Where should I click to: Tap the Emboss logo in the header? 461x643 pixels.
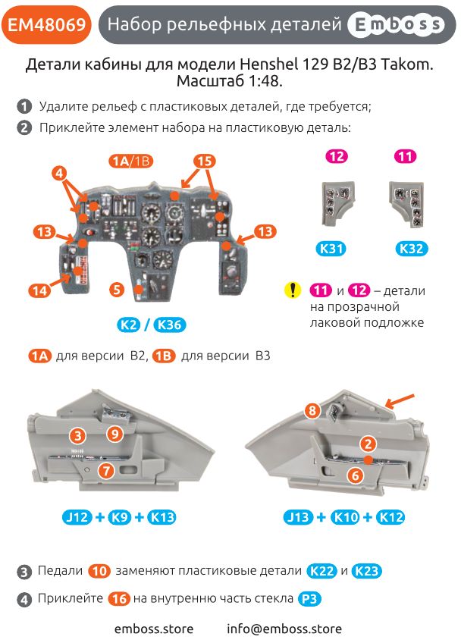point(395,25)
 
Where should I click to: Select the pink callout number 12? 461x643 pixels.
point(337,156)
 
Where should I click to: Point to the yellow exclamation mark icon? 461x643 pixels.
point(292,290)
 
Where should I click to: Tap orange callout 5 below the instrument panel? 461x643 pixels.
point(115,289)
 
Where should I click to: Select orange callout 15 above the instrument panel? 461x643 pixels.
point(204,161)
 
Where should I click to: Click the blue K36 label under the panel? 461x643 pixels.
point(169,325)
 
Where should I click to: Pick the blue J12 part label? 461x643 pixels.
point(77,518)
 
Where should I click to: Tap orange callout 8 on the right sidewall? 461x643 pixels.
point(312,410)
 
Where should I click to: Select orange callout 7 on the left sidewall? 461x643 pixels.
point(106,471)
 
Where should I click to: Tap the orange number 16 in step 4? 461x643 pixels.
point(119,598)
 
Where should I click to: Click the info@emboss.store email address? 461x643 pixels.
point(284,629)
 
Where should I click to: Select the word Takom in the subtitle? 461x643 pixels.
point(406,66)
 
